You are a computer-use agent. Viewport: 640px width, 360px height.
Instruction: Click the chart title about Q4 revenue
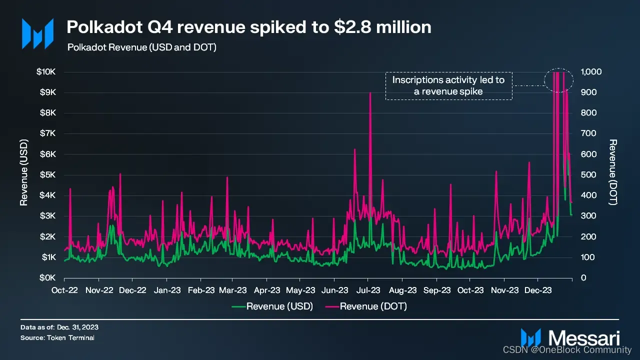(x=249, y=27)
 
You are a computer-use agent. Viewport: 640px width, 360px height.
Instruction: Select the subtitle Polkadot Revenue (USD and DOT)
(x=141, y=47)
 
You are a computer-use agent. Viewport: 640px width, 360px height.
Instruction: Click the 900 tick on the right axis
(x=588, y=92)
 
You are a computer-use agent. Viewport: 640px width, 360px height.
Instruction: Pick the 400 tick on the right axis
(x=588, y=195)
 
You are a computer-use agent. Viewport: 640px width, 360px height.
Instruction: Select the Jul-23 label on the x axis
(x=368, y=290)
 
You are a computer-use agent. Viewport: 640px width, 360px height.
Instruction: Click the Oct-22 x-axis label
(x=64, y=290)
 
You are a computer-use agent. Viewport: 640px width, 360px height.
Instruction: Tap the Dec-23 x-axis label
(x=539, y=290)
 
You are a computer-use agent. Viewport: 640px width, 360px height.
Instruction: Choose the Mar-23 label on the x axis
(x=233, y=290)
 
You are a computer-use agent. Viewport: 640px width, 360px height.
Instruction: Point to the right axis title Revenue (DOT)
(x=613, y=172)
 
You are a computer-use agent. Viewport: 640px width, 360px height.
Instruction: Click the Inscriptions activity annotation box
(x=448, y=85)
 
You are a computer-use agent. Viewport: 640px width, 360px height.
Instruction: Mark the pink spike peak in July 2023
(x=370, y=93)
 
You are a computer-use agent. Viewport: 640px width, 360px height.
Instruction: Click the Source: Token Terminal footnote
(x=57, y=338)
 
